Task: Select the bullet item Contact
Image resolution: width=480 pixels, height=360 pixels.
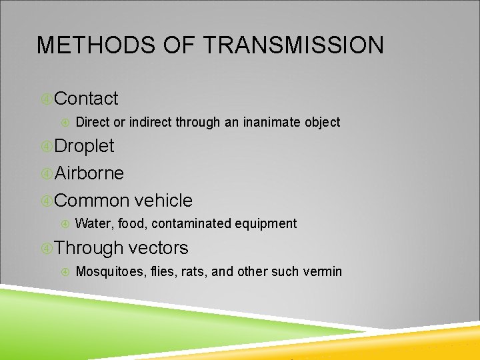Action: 87,99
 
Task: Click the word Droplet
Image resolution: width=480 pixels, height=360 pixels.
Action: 85,146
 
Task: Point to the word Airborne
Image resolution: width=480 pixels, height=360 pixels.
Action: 89,173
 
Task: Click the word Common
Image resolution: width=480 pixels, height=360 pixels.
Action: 92,201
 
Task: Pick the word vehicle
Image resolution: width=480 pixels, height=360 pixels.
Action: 163,201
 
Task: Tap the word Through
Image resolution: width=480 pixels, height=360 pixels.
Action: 89,249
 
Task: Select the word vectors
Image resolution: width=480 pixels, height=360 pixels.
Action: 159,248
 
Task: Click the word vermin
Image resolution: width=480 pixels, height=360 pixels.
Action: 323,271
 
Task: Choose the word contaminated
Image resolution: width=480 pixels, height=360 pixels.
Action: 194,223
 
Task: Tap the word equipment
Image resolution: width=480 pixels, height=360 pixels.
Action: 269,224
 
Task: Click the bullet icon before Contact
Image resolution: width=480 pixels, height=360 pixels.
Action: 46,99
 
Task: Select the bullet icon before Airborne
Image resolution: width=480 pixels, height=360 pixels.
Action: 46,174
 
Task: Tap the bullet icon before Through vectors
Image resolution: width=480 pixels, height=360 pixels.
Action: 46,249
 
